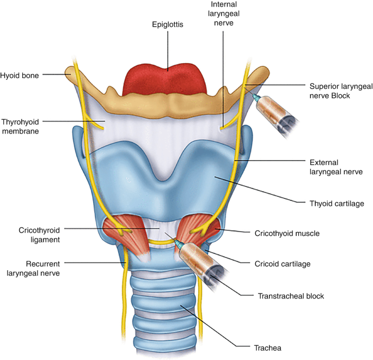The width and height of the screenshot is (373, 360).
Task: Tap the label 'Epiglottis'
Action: [168, 24]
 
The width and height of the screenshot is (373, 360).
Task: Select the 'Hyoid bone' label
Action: [20, 76]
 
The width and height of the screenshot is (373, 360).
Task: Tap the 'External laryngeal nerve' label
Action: [331, 167]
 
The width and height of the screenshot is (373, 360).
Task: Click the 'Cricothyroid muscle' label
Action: [287, 233]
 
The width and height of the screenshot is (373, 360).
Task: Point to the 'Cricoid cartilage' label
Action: [283, 264]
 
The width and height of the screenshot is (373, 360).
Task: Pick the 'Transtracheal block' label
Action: [291, 296]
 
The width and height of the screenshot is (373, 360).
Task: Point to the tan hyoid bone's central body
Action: [168, 103]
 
